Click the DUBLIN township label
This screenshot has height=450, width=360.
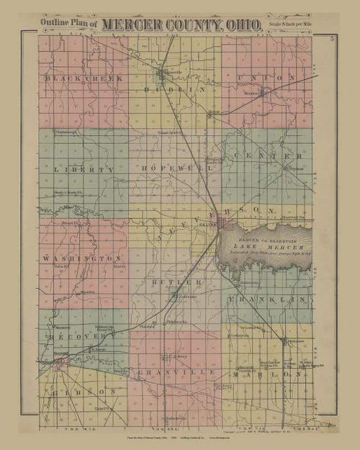tap(171, 89)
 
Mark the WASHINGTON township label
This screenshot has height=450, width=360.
tap(81, 257)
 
